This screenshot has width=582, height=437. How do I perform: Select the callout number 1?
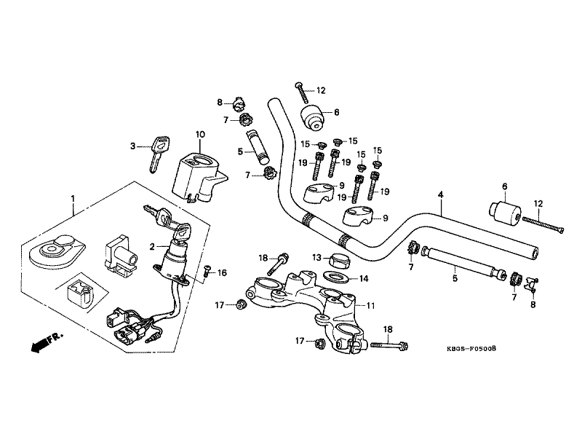[x=73, y=198]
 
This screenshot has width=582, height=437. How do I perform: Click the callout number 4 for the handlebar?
[x=440, y=195]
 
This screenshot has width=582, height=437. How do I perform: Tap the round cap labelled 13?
[x=338, y=260]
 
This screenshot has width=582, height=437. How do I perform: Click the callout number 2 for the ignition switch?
[x=152, y=247]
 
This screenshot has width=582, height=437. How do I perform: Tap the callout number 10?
[x=200, y=134]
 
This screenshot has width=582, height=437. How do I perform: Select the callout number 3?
[x=133, y=146]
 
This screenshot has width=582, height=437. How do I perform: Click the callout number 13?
[x=317, y=257]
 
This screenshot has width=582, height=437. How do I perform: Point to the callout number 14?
[x=364, y=278]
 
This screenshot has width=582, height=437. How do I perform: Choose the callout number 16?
[x=223, y=272]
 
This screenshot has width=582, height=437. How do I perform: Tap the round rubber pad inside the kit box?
[x=52, y=250]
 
